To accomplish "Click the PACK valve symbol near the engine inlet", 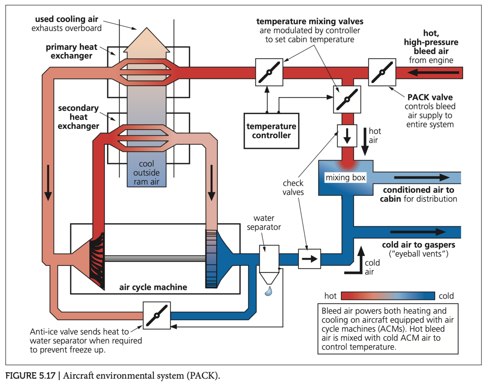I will [382, 72].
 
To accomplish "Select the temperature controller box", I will [271, 131].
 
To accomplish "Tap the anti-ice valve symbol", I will [157, 315].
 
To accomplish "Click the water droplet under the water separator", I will [269, 291].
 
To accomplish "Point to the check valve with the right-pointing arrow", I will [309, 259].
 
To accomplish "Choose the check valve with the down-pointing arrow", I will [347, 136].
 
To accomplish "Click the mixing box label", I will [345, 178].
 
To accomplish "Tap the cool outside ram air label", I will [146, 172].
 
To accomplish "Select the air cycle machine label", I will [153, 287].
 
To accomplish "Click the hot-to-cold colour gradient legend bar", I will [387, 296].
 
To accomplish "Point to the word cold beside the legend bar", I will [446, 296].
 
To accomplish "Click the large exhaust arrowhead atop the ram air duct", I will [147, 40].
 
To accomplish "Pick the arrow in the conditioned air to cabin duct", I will [422, 178].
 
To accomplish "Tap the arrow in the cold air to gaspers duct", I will [418, 232].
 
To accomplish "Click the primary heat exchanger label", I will [71, 51].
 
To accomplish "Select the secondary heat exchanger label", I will [78, 117].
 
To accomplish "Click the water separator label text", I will [264, 223].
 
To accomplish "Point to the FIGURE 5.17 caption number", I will [30, 376].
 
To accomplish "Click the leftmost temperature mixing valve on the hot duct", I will [269, 72].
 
